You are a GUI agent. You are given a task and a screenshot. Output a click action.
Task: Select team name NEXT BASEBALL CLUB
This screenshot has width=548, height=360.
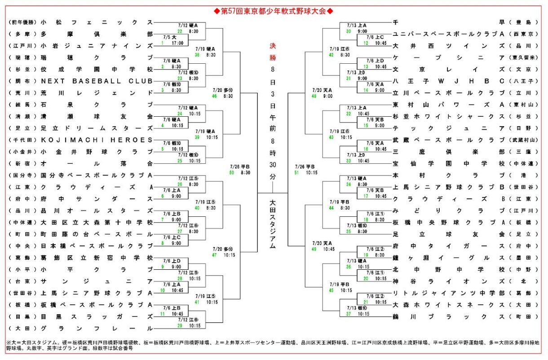97,81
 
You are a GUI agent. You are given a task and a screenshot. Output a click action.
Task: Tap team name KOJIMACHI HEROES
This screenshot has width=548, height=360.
97,140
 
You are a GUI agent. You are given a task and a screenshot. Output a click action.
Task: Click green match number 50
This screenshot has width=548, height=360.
232,172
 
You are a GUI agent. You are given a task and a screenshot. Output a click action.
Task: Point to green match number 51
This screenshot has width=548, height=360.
297,172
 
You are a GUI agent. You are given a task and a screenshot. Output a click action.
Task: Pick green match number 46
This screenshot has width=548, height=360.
214,96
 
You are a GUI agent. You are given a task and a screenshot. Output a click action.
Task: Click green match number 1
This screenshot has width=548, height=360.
162,43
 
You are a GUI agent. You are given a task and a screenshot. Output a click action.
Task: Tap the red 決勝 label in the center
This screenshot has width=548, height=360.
273,52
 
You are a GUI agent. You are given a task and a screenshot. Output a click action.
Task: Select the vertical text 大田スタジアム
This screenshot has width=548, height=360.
273,224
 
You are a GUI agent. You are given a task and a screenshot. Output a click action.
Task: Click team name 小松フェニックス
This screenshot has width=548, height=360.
97,22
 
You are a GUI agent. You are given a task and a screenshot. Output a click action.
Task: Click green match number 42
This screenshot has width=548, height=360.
331,55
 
